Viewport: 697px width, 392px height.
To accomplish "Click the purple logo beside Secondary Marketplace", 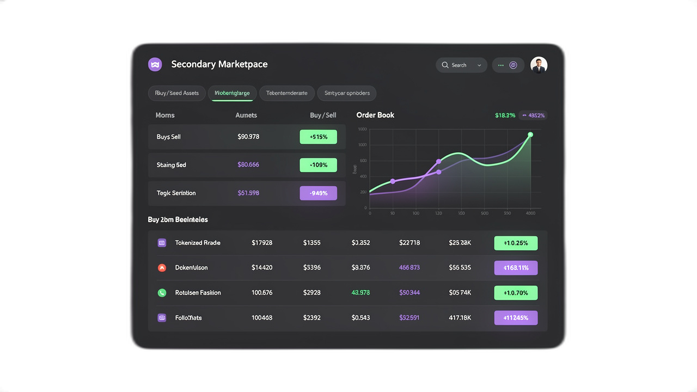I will (x=155, y=64).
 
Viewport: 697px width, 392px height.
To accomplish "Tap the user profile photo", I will (x=539, y=65).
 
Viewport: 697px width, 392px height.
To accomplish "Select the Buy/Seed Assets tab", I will (x=177, y=93).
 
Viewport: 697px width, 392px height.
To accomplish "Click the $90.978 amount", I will (x=248, y=137).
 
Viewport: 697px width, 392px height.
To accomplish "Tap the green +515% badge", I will (x=319, y=137).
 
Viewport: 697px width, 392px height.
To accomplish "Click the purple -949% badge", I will (x=319, y=193).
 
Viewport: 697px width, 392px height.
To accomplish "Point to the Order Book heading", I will (x=375, y=115).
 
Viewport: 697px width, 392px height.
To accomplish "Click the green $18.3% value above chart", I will (x=505, y=115).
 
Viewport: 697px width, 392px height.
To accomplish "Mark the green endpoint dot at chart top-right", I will (x=530, y=134).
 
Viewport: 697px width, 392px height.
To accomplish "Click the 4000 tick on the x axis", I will (x=531, y=213).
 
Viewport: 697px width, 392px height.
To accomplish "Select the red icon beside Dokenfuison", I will (x=162, y=268).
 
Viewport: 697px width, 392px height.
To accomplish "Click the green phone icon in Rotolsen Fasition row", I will (x=162, y=293).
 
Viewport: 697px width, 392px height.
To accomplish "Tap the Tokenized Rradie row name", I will (x=198, y=243).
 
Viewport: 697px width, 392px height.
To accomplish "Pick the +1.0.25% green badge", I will (x=516, y=243).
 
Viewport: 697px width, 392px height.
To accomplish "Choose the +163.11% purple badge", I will (x=516, y=268).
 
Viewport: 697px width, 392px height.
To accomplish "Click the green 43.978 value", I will (x=360, y=293).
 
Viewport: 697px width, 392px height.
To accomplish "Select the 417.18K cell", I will (x=460, y=318).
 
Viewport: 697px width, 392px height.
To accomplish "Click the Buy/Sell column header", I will (x=323, y=115).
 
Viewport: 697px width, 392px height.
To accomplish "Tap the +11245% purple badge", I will (x=516, y=318).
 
